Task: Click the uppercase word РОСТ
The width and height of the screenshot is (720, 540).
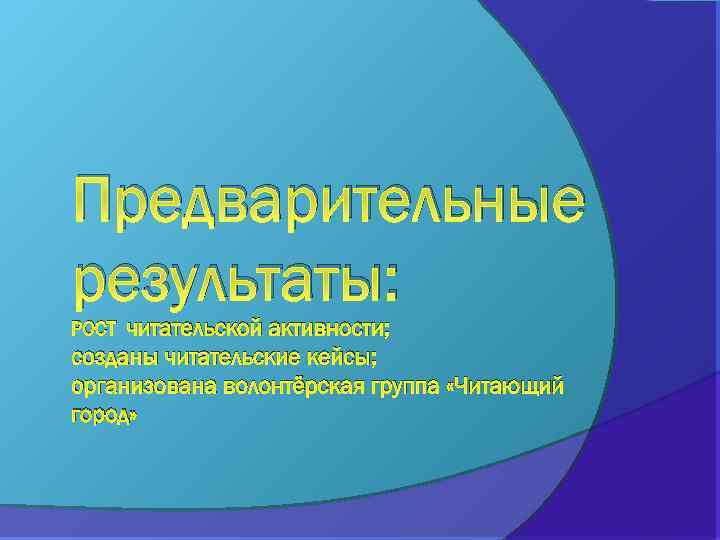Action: pyautogui.click(x=94, y=329)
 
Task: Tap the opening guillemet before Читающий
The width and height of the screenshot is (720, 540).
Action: pyautogui.click(x=456, y=387)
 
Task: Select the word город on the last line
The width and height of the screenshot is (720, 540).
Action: pyautogui.click(x=98, y=414)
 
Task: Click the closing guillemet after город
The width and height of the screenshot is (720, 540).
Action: pyautogui.click(x=131, y=416)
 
